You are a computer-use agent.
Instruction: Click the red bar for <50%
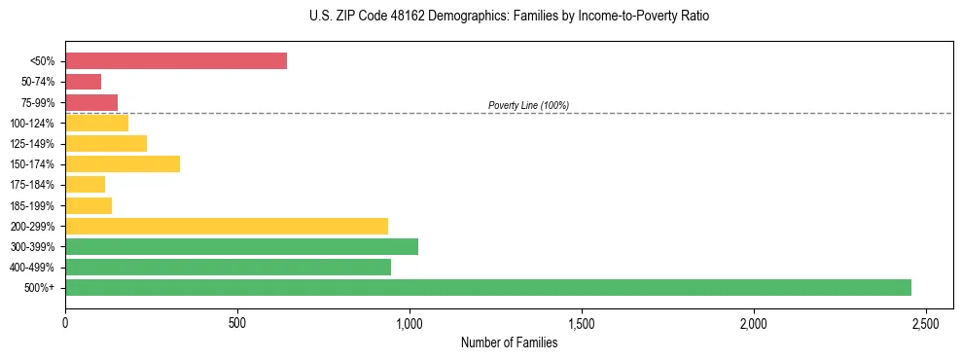pos(176,61)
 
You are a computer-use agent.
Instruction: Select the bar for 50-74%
pos(84,82)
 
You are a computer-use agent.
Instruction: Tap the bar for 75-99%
pos(91,102)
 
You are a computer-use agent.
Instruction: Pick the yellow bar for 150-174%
pos(123,163)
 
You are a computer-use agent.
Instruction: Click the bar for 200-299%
pos(227,226)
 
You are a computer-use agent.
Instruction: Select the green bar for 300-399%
pos(241,246)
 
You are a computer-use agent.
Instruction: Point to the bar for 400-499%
pos(228,267)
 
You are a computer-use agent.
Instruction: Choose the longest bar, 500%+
pos(488,287)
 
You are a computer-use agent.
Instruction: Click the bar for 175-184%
pos(86,185)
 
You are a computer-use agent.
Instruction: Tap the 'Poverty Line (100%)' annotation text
pos(528,105)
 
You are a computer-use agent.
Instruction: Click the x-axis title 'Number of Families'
pos(509,342)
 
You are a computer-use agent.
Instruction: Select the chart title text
pos(503,17)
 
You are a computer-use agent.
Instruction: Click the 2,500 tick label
pos(925,322)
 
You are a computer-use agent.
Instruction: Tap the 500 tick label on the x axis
pos(237,322)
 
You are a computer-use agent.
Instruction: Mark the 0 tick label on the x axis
pos(65,322)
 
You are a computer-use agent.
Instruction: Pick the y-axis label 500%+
pos(41,288)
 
